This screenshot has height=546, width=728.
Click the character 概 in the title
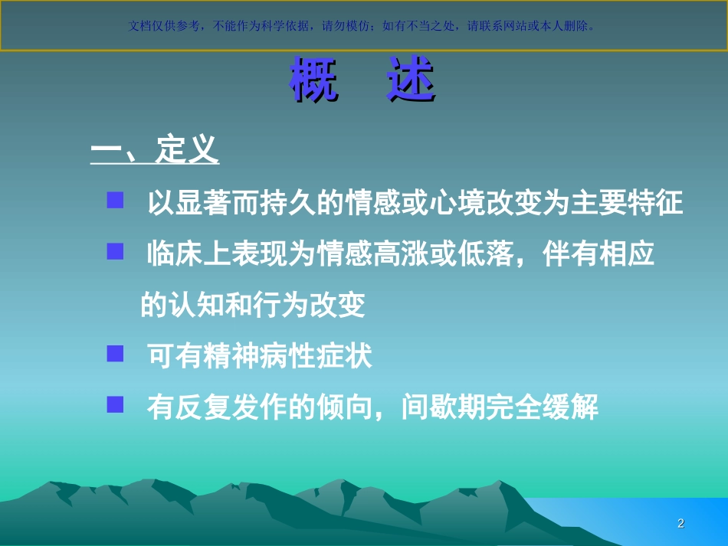pyautogui.click(x=315, y=80)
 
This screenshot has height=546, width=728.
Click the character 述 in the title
pyautogui.click(x=411, y=80)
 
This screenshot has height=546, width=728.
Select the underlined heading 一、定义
pyautogui.click(x=155, y=151)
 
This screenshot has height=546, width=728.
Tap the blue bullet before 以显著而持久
pyautogui.click(x=116, y=201)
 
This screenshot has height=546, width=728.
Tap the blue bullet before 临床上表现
pyautogui.click(x=116, y=252)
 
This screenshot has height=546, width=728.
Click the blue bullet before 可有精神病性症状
pyautogui.click(x=116, y=354)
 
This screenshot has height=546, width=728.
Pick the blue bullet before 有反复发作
pyautogui.click(x=116, y=405)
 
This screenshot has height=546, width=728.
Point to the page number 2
pyautogui.click(x=680, y=524)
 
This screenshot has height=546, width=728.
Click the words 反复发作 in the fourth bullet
pyautogui.click(x=231, y=407)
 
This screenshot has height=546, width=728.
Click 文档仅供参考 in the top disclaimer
pyautogui.click(x=165, y=25)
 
